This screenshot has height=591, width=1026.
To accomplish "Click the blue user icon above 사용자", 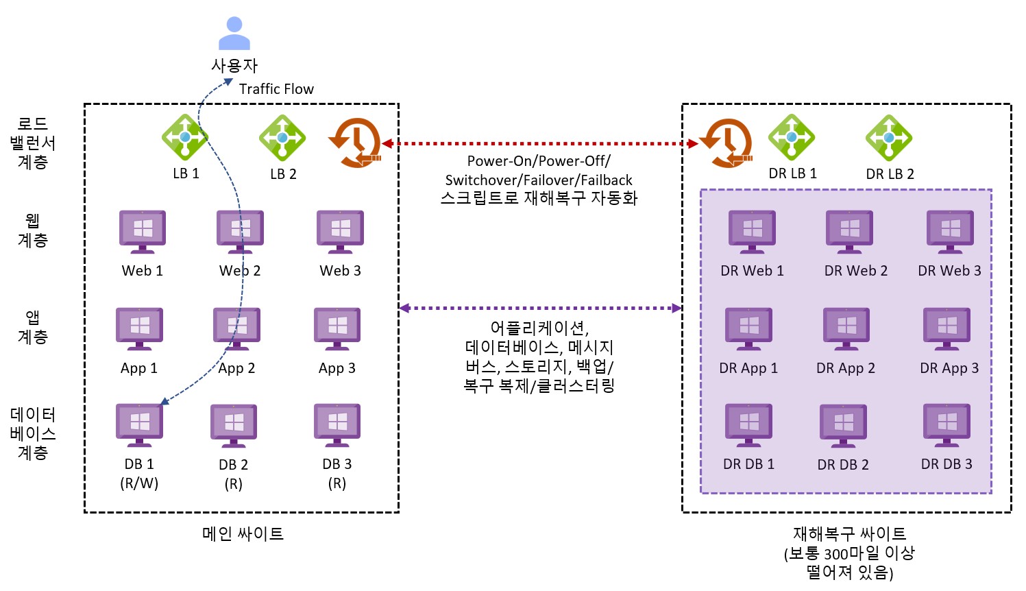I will pos(234,34).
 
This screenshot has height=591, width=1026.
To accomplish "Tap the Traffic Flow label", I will pos(276,89).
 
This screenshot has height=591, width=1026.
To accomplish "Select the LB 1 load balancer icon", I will pos(184,137).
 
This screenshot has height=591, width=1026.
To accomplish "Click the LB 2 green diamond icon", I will pos(282,137).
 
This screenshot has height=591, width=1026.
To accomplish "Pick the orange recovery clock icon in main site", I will pos(354,143).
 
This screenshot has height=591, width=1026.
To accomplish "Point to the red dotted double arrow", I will pos(539,144).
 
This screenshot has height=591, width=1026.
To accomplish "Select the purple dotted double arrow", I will pos(539,308).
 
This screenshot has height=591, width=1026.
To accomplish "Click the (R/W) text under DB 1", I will pos(139,483).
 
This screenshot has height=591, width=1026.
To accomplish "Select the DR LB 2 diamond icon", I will pos(889,137).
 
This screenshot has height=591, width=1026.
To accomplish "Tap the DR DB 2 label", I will pos(843,465).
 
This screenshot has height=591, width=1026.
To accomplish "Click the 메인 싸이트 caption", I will pos(243,533).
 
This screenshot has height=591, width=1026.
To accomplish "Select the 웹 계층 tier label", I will pos(32,230).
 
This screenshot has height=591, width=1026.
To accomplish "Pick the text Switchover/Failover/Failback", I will pos(539,180).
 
